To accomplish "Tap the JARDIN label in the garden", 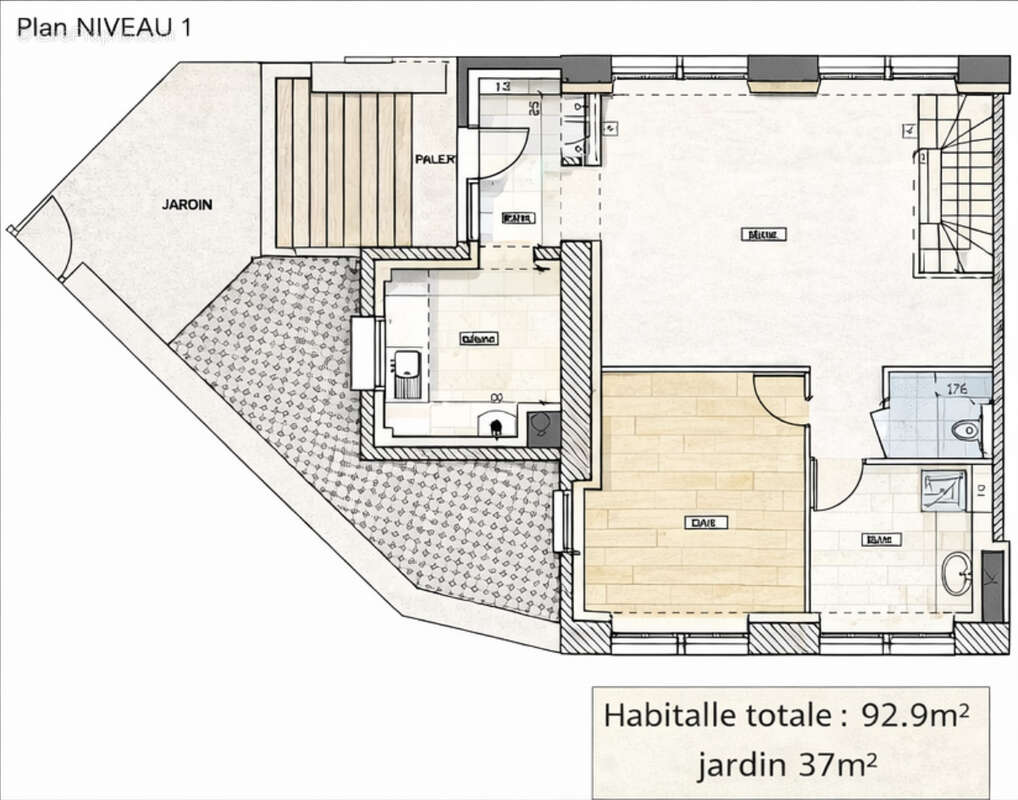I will coord(187,204).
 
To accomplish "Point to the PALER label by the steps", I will coord(436,160).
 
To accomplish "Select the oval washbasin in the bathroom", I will coord(956,573).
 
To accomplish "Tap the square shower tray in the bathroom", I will coord(943,490).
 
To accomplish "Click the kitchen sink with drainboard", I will coord(405,374).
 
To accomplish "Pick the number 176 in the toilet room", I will coord(957,390).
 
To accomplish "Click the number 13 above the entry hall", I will coord(502,87).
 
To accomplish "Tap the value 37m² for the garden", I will coord(837,766).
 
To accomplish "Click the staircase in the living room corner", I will coord(955,185).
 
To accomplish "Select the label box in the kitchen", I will coord(478,339).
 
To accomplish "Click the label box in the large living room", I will coord(763,234).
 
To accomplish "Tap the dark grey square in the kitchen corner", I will coord(543,425).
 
